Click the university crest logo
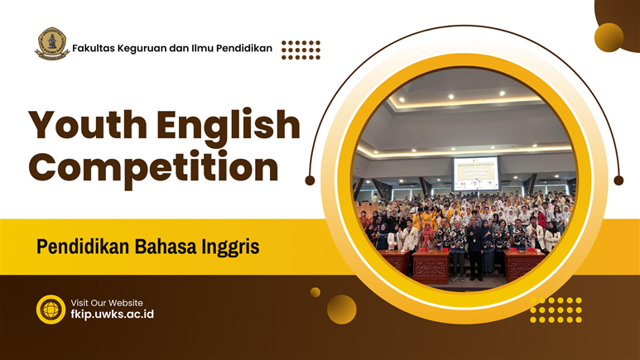(52, 44)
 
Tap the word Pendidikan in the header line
(244, 48)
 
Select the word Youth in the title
(88, 125)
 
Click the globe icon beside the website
(51, 310)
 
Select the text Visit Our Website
(107, 303)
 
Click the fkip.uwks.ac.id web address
(113, 314)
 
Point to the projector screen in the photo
(476, 173)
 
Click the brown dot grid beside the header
(301, 50)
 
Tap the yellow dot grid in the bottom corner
(556, 310)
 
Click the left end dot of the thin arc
(310, 180)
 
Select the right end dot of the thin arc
(618, 180)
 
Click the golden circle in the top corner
(609, 37)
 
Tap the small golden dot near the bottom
(315, 292)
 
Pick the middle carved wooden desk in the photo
(431, 266)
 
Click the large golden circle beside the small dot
(342, 310)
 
